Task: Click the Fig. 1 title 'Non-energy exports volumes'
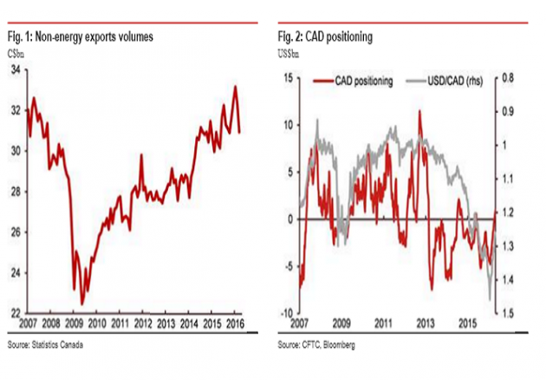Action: (x=94, y=37)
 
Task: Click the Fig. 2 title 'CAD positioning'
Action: (x=339, y=37)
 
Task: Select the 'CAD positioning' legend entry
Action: (x=353, y=81)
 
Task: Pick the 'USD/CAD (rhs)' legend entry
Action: (x=445, y=81)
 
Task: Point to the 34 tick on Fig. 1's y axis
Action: (x=16, y=70)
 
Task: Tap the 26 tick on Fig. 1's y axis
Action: (x=16, y=232)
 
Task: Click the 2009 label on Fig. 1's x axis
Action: (x=74, y=323)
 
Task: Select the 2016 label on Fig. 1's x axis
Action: (x=235, y=323)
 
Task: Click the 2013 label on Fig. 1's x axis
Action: (x=166, y=323)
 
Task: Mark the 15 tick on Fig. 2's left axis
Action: (x=289, y=78)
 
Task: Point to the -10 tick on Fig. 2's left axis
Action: (x=287, y=313)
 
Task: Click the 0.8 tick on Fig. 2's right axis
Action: (x=508, y=78)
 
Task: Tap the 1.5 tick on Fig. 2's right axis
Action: (x=508, y=313)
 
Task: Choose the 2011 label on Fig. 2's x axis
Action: (x=383, y=323)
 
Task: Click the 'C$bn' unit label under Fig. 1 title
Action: (x=16, y=55)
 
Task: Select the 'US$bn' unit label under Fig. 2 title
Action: (x=289, y=55)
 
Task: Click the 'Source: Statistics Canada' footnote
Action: (x=45, y=345)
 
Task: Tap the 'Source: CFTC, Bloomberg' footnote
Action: (x=316, y=345)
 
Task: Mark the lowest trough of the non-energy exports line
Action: (x=82, y=304)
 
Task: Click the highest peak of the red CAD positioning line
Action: (x=419, y=111)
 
